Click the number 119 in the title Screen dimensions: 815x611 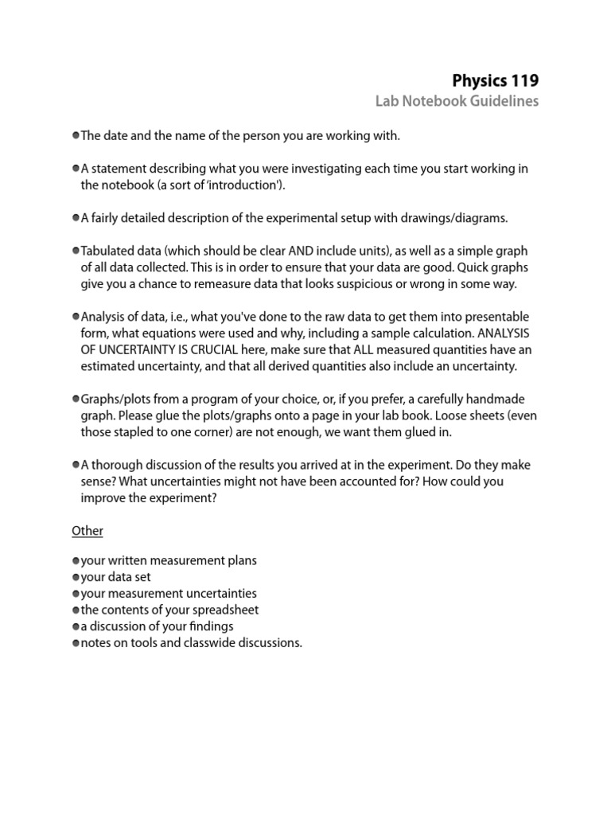[521, 80]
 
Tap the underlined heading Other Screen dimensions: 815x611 [88, 530]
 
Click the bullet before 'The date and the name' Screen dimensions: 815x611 [76, 136]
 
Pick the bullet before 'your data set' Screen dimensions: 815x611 [76, 577]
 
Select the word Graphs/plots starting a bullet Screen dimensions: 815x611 [114, 399]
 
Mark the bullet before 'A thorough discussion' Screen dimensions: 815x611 [76, 465]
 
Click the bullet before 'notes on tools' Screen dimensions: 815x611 [76, 643]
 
